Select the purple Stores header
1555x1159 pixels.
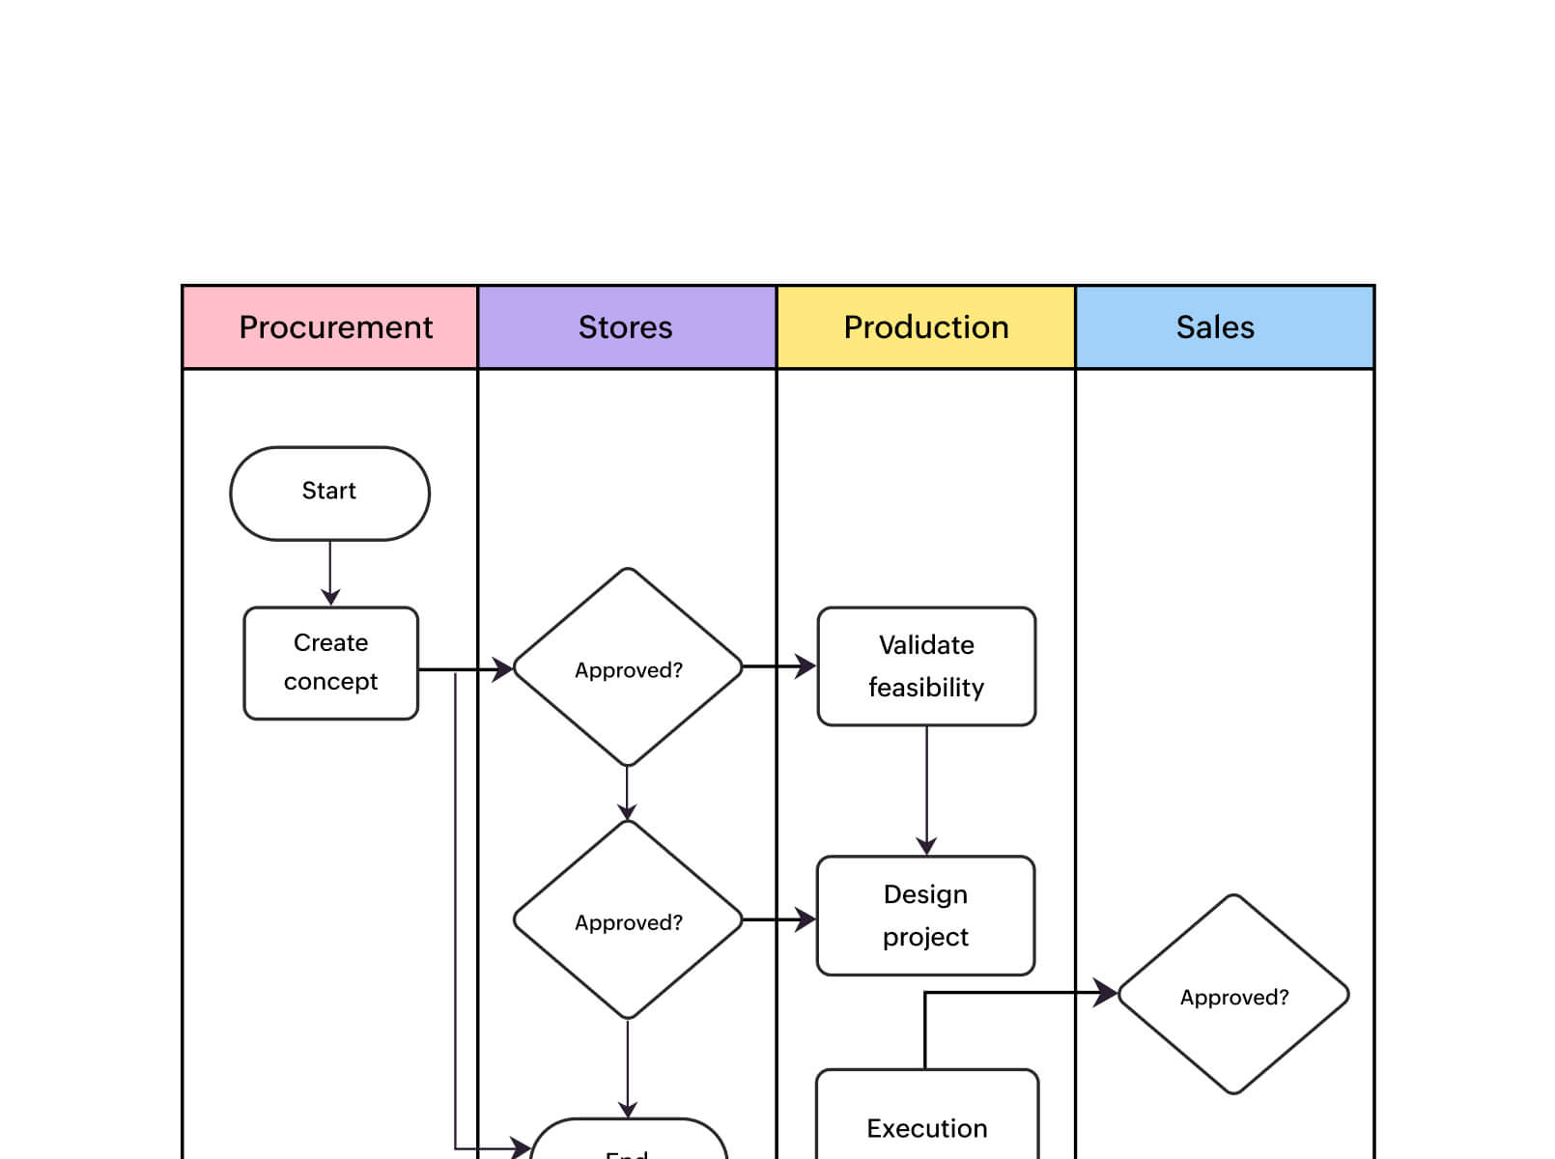(x=627, y=327)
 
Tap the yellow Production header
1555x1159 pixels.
(x=925, y=327)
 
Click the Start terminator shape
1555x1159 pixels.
(x=329, y=493)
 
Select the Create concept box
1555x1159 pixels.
(x=330, y=663)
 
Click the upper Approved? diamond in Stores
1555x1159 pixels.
(x=628, y=668)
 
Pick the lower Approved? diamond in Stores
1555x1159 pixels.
(x=628, y=920)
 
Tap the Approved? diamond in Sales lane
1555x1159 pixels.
(x=1233, y=995)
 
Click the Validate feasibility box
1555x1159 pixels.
(x=926, y=666)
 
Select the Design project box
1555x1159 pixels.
(x=925, y=915)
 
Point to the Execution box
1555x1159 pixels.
(x=926, y=1120)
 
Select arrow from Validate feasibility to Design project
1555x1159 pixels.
(x=926, y=787)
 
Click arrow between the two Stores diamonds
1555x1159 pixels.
(x=628, y=792)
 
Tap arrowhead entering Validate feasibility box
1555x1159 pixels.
(x=806, y=665)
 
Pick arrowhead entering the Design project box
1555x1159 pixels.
(x=806, y=919)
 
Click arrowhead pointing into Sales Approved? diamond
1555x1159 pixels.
(x=1106, y=992)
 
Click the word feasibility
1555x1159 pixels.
(x=925, y=688)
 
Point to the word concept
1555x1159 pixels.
(x=330, y=682)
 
